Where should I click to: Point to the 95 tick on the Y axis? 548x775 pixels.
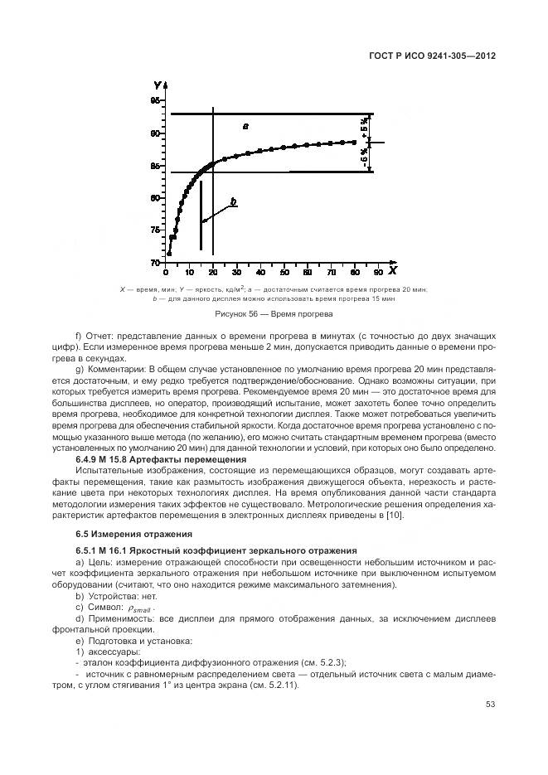tap(156, 100)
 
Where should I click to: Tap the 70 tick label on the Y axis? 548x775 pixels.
tap(156, 263)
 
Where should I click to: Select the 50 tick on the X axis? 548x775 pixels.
tap(284, 272)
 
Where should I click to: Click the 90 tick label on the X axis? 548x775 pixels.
tap(379, 272)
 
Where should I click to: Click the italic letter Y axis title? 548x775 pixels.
tap(158, 85)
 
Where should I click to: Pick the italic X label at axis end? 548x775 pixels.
tap(392, 271)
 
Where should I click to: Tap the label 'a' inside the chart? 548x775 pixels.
tap(245, 126)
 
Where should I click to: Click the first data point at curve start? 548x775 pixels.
tap(168, 254)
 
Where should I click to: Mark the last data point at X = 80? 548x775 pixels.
tap(355, 142)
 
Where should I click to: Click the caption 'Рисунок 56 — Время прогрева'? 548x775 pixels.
tap(273, 315)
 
